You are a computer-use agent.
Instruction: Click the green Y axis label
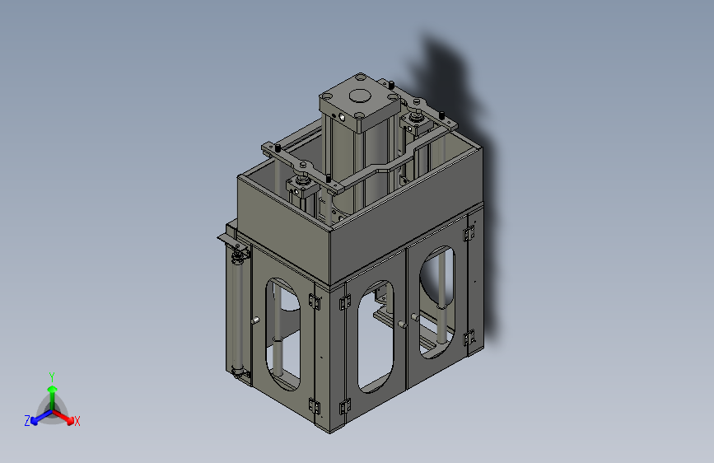tap(52, 376)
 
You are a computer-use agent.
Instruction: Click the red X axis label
tap(77, 421)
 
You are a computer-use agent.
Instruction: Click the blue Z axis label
tap(27, 421)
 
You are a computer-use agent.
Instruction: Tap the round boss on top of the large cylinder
tap(361, 96)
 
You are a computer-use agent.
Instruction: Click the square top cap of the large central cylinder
tap(360, 102)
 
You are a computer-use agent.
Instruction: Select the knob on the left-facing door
tap(255, 320)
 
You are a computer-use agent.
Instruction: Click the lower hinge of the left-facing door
tap(314, 405)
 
